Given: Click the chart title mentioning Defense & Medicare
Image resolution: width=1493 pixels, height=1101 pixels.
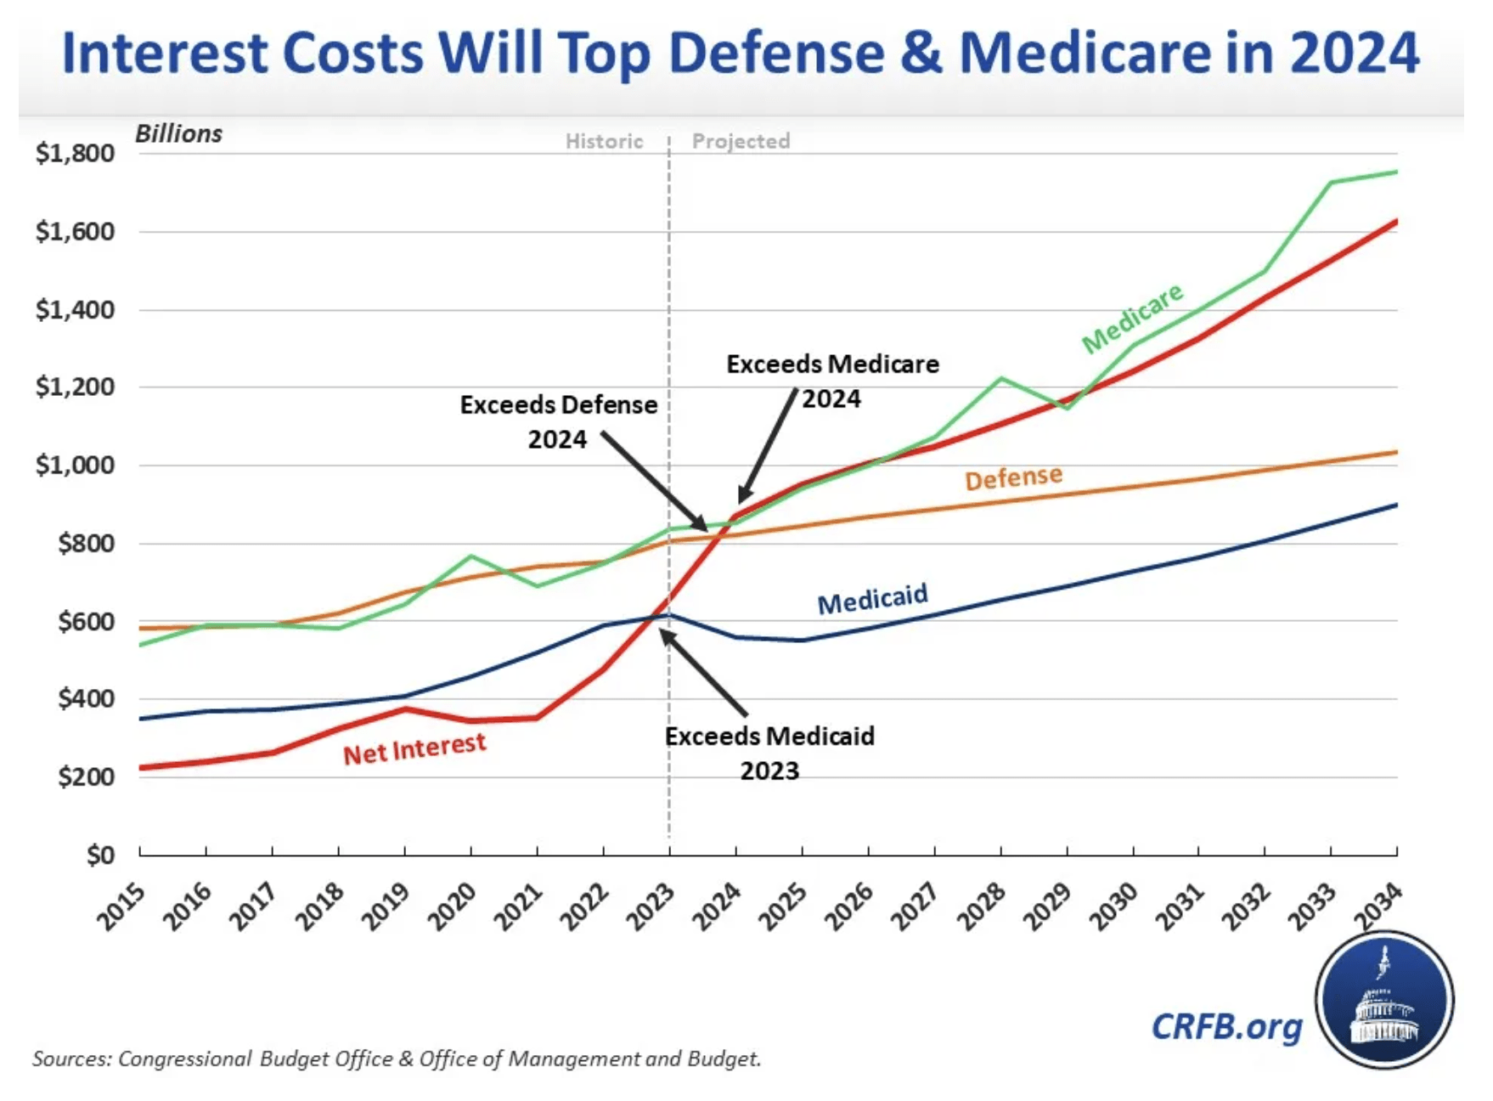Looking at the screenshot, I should [740, 53].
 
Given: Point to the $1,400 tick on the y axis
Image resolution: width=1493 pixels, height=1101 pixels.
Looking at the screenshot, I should [75, 309].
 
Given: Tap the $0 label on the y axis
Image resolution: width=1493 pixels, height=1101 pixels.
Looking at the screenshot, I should [100, 855].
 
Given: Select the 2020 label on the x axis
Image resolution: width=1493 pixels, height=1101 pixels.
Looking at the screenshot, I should [452, 906].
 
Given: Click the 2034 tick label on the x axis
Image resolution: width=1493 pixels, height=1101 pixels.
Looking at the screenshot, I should [1378, 906].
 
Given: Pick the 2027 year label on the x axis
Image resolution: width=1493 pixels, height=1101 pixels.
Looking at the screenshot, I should [915, 906].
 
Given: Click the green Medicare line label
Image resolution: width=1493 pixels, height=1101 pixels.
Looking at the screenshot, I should [1132, 317].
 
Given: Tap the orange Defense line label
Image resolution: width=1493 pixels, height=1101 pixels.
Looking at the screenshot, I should [1013, 477].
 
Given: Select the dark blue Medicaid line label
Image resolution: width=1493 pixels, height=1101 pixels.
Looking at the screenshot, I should [872, 599].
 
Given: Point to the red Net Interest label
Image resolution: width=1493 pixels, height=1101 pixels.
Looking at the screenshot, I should [414, 748].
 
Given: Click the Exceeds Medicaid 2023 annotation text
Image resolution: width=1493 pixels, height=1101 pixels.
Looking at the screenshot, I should [769, 753].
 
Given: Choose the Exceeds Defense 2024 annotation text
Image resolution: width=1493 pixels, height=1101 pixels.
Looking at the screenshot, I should [558, 421].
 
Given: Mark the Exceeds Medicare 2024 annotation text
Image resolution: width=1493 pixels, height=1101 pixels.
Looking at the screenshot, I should [832, 381].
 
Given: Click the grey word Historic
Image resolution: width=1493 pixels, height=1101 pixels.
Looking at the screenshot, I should [604, 141].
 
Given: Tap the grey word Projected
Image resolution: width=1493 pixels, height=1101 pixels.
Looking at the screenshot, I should [741, 141].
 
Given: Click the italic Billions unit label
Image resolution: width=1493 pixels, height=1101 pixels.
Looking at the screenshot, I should [178, 134].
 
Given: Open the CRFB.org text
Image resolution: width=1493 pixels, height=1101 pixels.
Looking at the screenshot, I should [1226, 1026].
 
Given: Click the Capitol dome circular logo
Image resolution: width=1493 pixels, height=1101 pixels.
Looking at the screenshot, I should [1384, 1000].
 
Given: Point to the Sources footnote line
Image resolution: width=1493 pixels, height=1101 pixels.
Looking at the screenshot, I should [397, 1059].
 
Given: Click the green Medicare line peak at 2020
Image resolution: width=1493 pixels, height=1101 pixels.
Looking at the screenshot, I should [471, 556].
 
